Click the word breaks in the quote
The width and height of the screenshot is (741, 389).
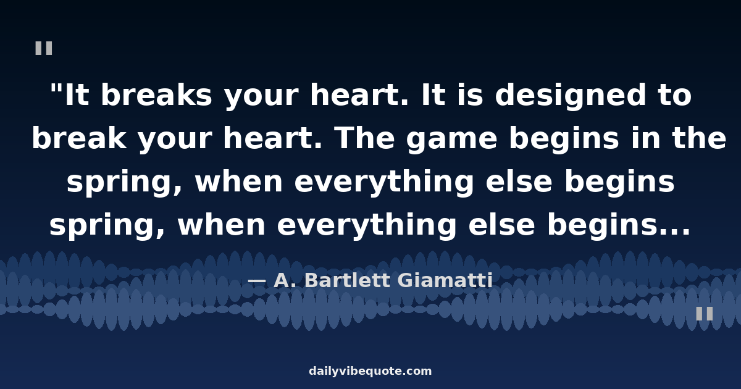pos(156,95)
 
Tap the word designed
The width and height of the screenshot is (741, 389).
pos(571,95)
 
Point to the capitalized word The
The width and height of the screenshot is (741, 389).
pos(365,138)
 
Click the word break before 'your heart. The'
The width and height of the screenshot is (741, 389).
pos(80,138)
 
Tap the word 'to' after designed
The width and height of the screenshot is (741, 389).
pos(675,96)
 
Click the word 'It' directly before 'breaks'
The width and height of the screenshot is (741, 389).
pos(77,95)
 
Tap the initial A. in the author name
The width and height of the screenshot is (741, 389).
pos(287,280)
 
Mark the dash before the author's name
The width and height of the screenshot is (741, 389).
pos(257,282)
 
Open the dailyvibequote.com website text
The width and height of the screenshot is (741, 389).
pos(370,371)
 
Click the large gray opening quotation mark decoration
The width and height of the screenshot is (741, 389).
pos(44,48)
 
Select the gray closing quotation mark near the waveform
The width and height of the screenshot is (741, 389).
pos(705,314)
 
